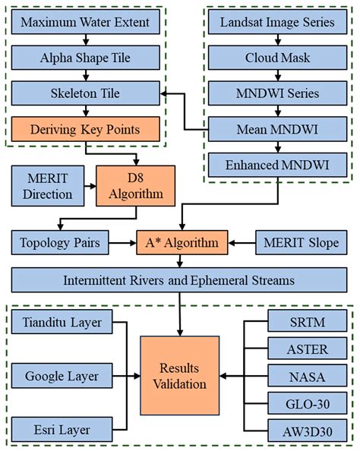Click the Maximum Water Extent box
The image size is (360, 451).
coord(85,22)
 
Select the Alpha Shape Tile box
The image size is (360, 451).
coord(85,57)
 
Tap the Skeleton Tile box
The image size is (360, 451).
coord(85,93)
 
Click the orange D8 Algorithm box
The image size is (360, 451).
coord(136,185)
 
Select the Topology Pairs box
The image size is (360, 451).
coord(59,243)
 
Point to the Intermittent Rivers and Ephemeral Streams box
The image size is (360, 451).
coord(180,280)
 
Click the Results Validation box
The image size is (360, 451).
coord(178,374)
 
